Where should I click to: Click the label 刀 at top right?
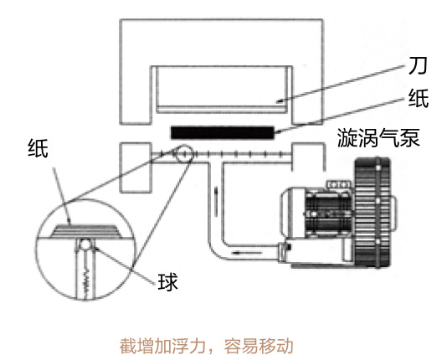point(418,66)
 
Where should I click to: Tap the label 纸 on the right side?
point(419,98)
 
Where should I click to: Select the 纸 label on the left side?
point(38,148)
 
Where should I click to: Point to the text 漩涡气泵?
point(378,137)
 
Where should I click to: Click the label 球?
point(168,282)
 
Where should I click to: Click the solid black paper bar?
point(223,132)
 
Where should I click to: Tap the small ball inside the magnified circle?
point(85,244)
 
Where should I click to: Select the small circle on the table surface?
point(184,154)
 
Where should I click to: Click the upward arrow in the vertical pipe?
point(216,201)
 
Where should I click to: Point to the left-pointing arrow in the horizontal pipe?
point(247,253)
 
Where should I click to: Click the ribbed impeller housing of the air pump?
point(372,213)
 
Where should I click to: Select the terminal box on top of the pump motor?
point(340,184)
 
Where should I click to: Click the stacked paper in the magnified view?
point(85,230)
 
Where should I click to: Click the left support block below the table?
point(136,167)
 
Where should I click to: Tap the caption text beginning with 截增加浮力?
point(206,346)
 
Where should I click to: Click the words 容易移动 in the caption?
point(259,346)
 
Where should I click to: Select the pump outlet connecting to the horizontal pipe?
point(285,251)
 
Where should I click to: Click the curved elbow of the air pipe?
point(217,251)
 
